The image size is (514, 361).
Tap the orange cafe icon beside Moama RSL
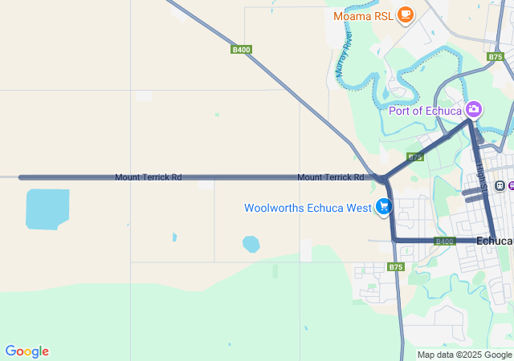point(405,14)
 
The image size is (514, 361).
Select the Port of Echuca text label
point(426,111)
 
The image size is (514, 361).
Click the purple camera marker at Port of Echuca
point(474,109)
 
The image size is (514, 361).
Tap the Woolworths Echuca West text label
point(308,209)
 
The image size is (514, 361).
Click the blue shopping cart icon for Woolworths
point(384,208)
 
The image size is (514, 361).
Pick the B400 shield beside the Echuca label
point(444,241)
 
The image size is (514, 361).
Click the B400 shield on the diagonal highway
point(241,50)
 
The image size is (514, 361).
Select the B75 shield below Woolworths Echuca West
point(395,266)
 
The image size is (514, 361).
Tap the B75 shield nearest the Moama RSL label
point(496,57)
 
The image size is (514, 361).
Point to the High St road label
point(481,172)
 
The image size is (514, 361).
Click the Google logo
point(27,351)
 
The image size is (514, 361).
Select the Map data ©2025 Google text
point(464,355)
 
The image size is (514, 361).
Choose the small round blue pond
point(251,244)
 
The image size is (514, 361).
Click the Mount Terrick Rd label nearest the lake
point(148,176)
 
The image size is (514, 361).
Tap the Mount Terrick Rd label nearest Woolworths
point(330,176)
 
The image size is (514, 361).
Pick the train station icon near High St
point(500,186)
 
